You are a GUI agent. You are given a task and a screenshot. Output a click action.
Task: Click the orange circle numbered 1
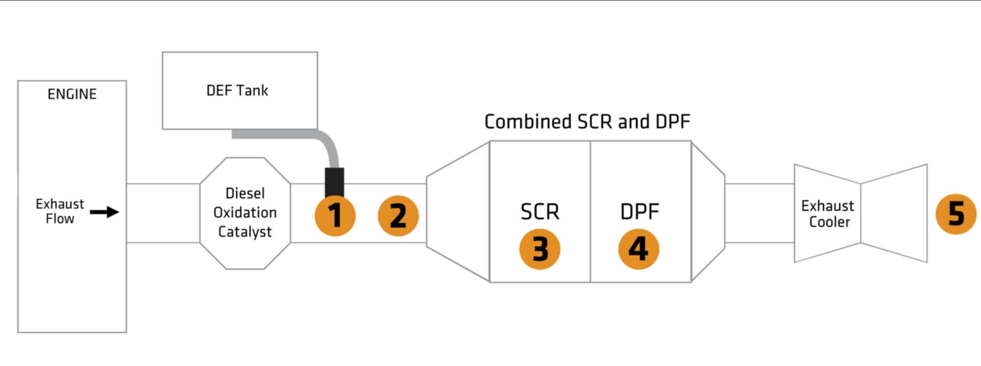pos(335,215)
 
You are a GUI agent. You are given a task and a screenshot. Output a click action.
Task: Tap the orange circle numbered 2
pos(398,215)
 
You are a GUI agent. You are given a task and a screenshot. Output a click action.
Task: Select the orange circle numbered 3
pos(540,249)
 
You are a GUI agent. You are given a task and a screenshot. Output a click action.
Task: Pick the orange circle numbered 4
pos(638,249)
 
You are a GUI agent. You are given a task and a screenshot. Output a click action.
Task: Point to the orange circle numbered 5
pos(956,214)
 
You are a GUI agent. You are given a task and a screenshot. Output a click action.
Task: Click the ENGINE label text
pos(72,94)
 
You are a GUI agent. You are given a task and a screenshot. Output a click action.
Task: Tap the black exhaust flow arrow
pos(105,212)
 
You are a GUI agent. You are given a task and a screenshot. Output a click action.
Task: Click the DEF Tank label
pos(237,91)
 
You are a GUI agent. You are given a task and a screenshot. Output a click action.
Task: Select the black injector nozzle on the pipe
pos(334,181)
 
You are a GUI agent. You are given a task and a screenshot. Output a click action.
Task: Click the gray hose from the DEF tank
pos(290,134)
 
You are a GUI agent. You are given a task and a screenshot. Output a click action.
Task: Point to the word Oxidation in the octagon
pos(245,212)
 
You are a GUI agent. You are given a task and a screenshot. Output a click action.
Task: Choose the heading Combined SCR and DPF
pos(587,122)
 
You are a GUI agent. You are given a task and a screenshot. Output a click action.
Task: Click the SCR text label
pos(540,212)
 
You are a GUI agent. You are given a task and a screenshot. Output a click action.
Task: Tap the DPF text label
pos(639,212)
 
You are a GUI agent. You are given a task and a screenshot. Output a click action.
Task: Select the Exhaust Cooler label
pos(827,214)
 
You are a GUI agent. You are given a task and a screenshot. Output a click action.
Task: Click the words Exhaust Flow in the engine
pos(60,211)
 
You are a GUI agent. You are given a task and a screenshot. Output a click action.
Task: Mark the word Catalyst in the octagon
pos(245,232)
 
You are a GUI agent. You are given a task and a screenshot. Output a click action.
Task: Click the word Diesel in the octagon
pos(245,193)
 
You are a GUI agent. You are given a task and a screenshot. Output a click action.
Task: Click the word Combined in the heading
pos(528,122)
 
